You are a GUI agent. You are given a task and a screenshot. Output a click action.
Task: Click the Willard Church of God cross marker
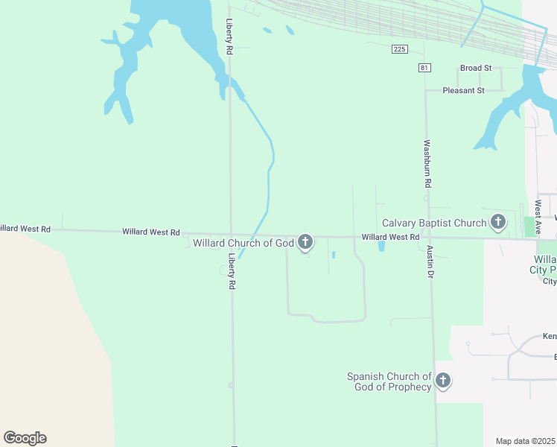305,241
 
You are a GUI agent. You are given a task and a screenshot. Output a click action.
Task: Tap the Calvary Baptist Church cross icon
498,221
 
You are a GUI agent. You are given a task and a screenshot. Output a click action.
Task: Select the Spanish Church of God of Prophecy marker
443,381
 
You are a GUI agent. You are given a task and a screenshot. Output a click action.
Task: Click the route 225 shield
400,49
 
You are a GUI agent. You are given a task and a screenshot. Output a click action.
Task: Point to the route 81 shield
424,68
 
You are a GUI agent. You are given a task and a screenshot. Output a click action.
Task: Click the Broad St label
476,68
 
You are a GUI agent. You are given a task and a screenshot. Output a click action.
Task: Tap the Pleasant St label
463,90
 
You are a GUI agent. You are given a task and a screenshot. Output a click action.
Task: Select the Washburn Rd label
427,163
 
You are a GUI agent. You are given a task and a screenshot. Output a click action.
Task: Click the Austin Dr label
430,262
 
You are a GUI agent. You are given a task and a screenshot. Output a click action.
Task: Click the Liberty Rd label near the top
230,37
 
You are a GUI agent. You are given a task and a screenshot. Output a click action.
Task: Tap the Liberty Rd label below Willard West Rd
232,271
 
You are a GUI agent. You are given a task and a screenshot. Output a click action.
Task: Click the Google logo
25,438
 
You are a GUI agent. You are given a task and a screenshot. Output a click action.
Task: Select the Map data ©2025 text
526,441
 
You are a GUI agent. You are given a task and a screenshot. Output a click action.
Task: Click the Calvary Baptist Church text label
433,223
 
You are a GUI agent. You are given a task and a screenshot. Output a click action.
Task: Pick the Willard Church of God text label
244,243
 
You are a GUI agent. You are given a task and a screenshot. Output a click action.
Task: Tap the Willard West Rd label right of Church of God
390,237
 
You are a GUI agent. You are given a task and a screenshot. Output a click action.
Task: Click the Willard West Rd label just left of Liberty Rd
151,232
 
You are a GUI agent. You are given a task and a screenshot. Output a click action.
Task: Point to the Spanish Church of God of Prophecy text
389,381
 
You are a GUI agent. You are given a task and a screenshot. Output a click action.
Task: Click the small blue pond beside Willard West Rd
382,246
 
